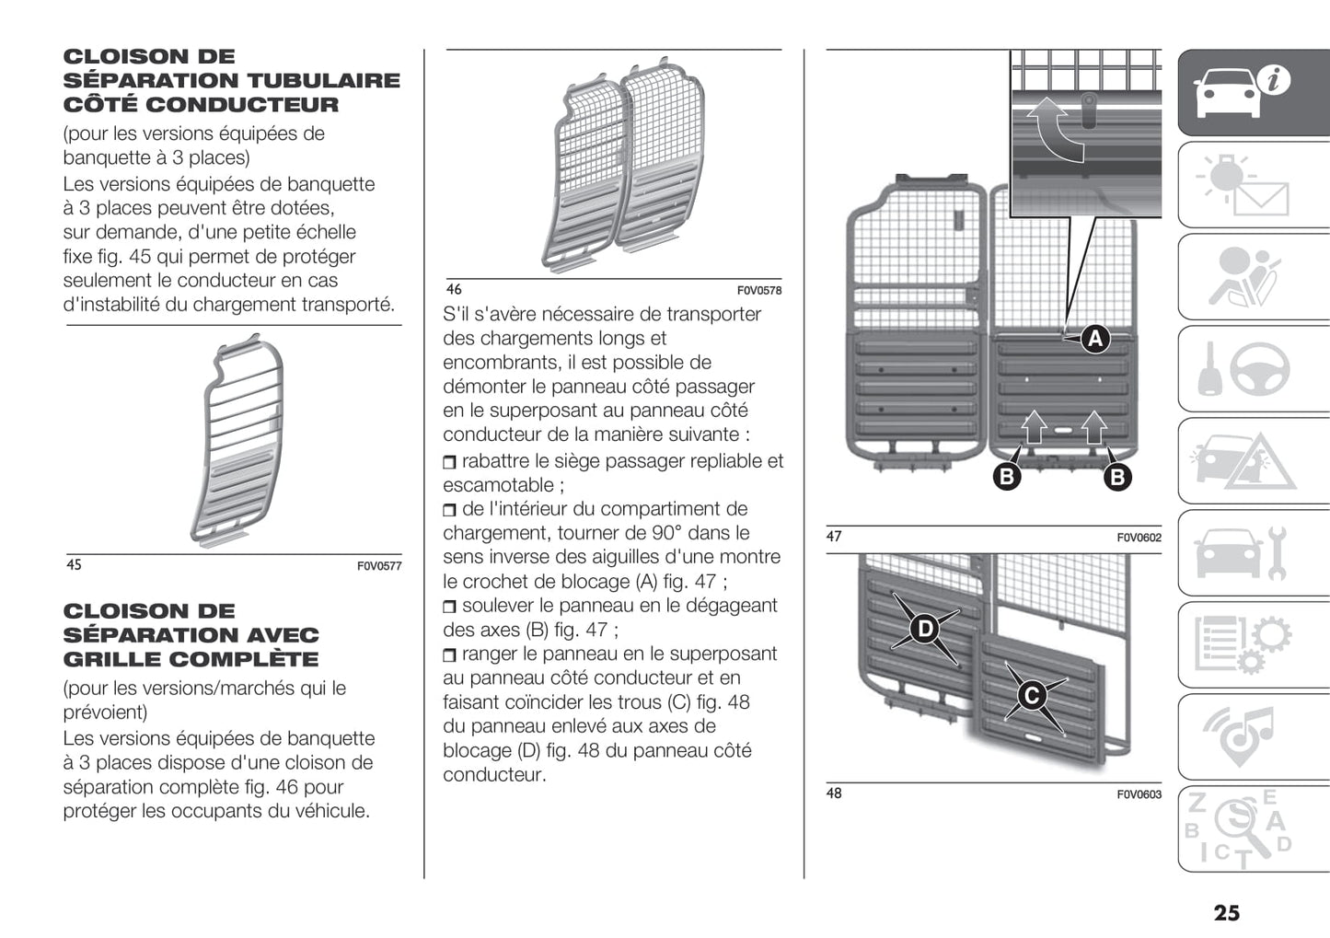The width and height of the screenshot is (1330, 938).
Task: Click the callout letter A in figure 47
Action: (x=1094, y=340)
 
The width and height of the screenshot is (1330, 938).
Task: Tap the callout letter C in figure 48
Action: (x=1032, y=695)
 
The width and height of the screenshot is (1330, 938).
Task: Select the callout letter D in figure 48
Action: (x=924, y=629)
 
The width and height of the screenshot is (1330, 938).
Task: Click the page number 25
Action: (x=1226, y=912)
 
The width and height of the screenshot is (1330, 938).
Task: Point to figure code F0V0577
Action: (x=379, y=566)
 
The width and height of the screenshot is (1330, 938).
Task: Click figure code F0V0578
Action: (x=759, y=291)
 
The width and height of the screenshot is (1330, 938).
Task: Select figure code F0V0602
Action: (x=1139, y=538)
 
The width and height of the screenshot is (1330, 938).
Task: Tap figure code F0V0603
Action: (x=1139, y=794)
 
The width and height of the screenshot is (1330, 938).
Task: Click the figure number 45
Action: (x=74, y=565)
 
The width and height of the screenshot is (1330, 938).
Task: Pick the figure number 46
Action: (x=454, y=290)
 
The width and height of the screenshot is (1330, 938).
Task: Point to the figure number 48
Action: (x=833, y=793)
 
